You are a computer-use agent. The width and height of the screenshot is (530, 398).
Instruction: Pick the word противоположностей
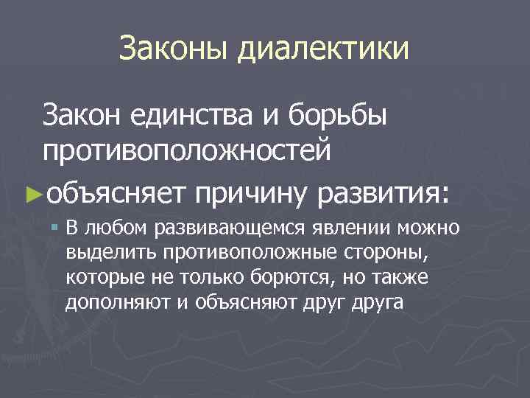[x=186, y=151]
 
